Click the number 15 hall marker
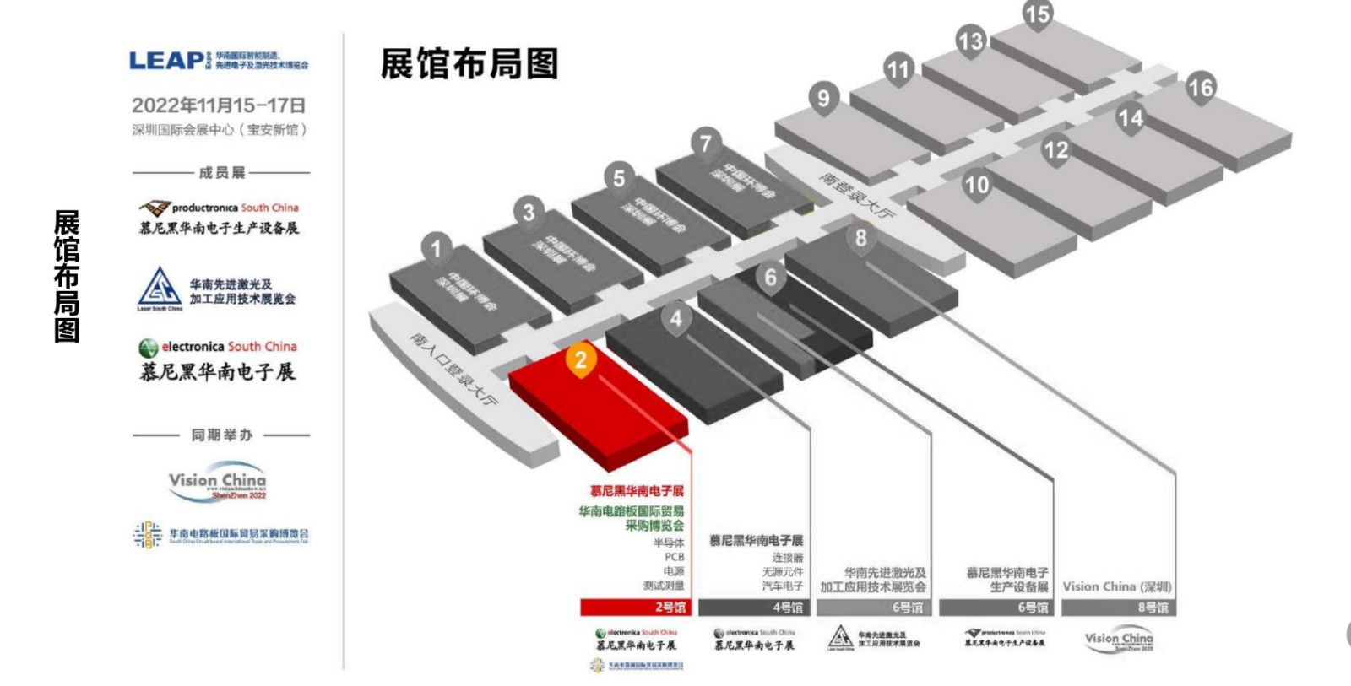click(1037, 14)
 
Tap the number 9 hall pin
click(823, 98)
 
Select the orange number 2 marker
click(580, 360)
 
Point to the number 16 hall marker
click(1200, 88)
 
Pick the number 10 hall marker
click(976, 185)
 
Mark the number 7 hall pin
click(706, 143)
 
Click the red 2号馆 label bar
click(635, 607)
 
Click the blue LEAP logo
click(167, 61)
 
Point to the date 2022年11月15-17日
click(219, 105)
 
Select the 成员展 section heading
click(221, 173)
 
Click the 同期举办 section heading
click(221, 435)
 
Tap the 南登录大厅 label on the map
click(856, 196)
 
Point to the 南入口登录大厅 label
click(454, 368)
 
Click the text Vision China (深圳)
click(1116, 586)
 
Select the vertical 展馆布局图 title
click(67, 276)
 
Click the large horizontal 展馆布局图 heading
click(469, 64)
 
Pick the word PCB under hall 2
click(674, 557)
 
